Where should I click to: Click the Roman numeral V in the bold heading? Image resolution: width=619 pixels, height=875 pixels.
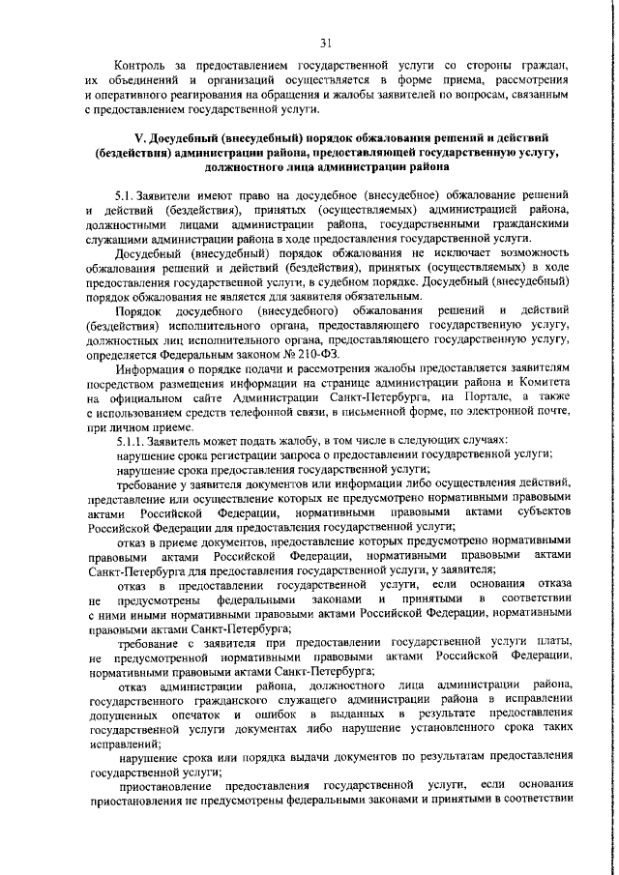click(x=137, y=138)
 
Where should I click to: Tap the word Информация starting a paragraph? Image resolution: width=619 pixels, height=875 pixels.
click(x=150, y=368)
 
